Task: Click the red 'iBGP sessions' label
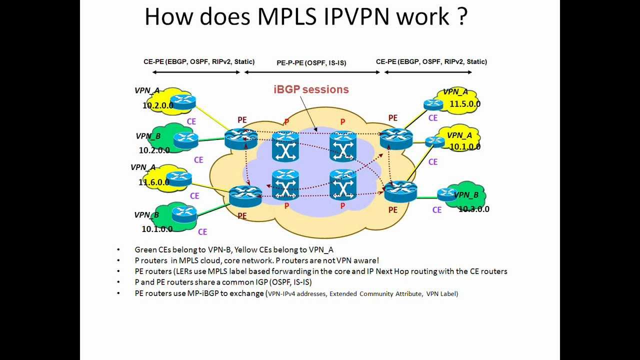(311, 89)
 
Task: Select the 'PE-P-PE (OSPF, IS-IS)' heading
(311, 63)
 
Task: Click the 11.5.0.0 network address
(465, 104)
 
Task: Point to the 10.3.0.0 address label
(474, 209)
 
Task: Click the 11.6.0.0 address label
(154, 182)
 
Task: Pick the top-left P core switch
(285, 146)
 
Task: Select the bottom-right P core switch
(342, 185)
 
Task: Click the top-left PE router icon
(240, 138)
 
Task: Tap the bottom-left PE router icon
(245, 195)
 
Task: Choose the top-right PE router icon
(396, 138)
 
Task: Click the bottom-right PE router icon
(400, 191)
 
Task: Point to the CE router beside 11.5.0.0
(433, 104)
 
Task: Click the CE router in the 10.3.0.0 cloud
(446, 194)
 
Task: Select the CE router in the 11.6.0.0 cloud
(178, 177)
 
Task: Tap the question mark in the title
(461, 16)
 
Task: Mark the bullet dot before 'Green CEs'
(118, 249)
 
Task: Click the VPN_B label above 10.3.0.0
(466, 195)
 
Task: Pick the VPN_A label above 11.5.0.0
(455, 91)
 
